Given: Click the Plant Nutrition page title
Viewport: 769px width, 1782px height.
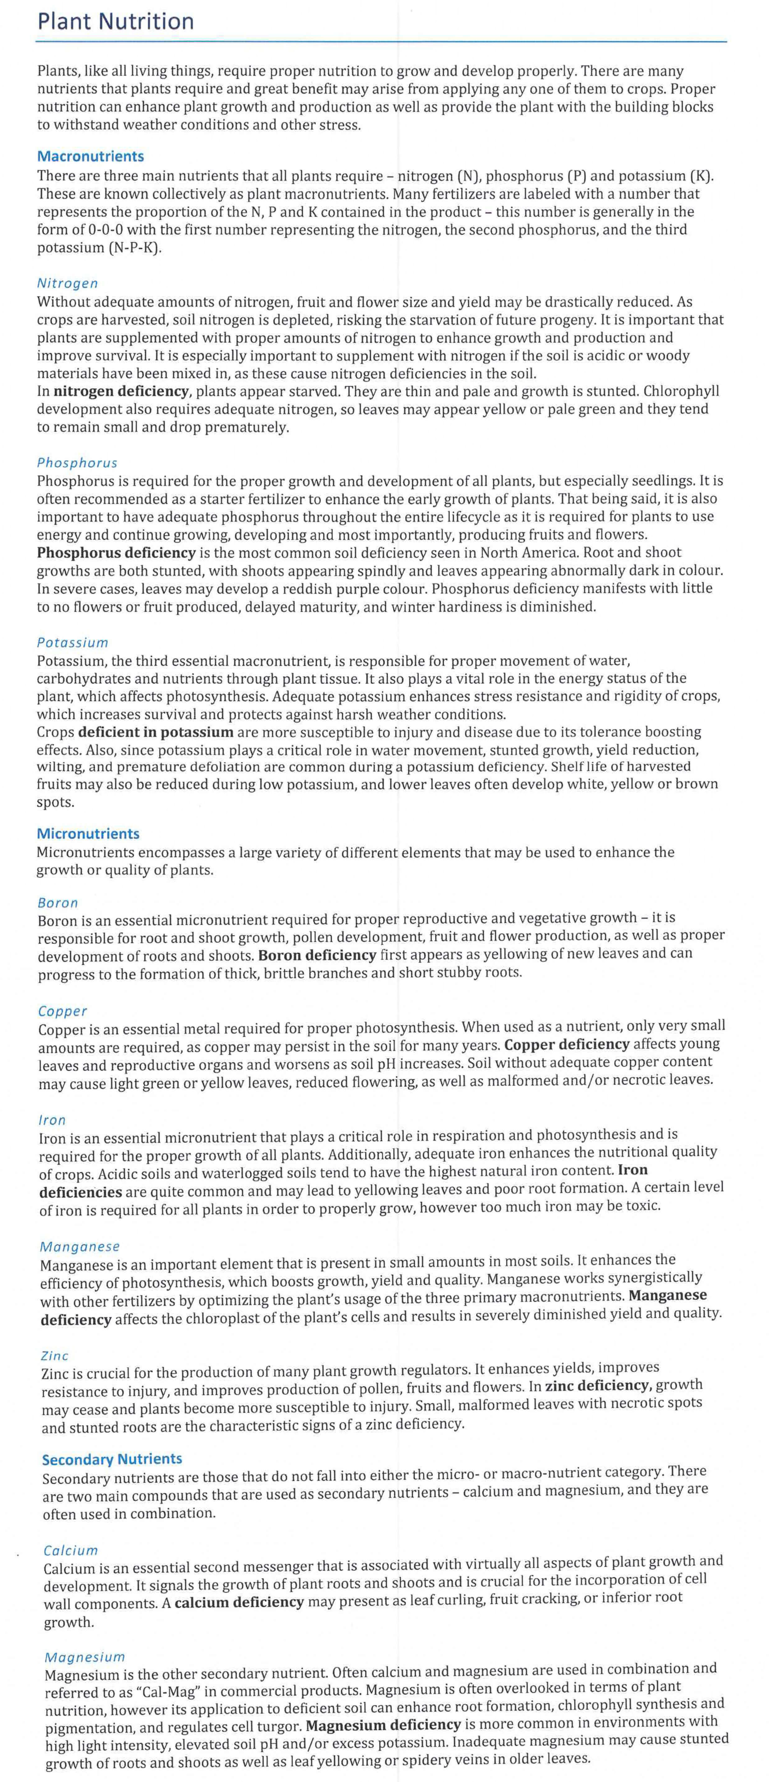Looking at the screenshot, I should tap(116, 21).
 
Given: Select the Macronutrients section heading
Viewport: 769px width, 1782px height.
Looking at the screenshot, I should tap(91, 156).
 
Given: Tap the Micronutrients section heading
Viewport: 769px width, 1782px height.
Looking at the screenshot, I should tap(88, 833).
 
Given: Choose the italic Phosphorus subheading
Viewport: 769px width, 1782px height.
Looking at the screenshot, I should tap(77, 463).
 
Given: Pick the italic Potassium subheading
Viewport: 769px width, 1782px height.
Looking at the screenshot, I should tap(73, 643).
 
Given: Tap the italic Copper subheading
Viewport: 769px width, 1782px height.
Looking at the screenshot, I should tap(62, 1011).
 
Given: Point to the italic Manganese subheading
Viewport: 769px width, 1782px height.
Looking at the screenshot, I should tap(80, 1247).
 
